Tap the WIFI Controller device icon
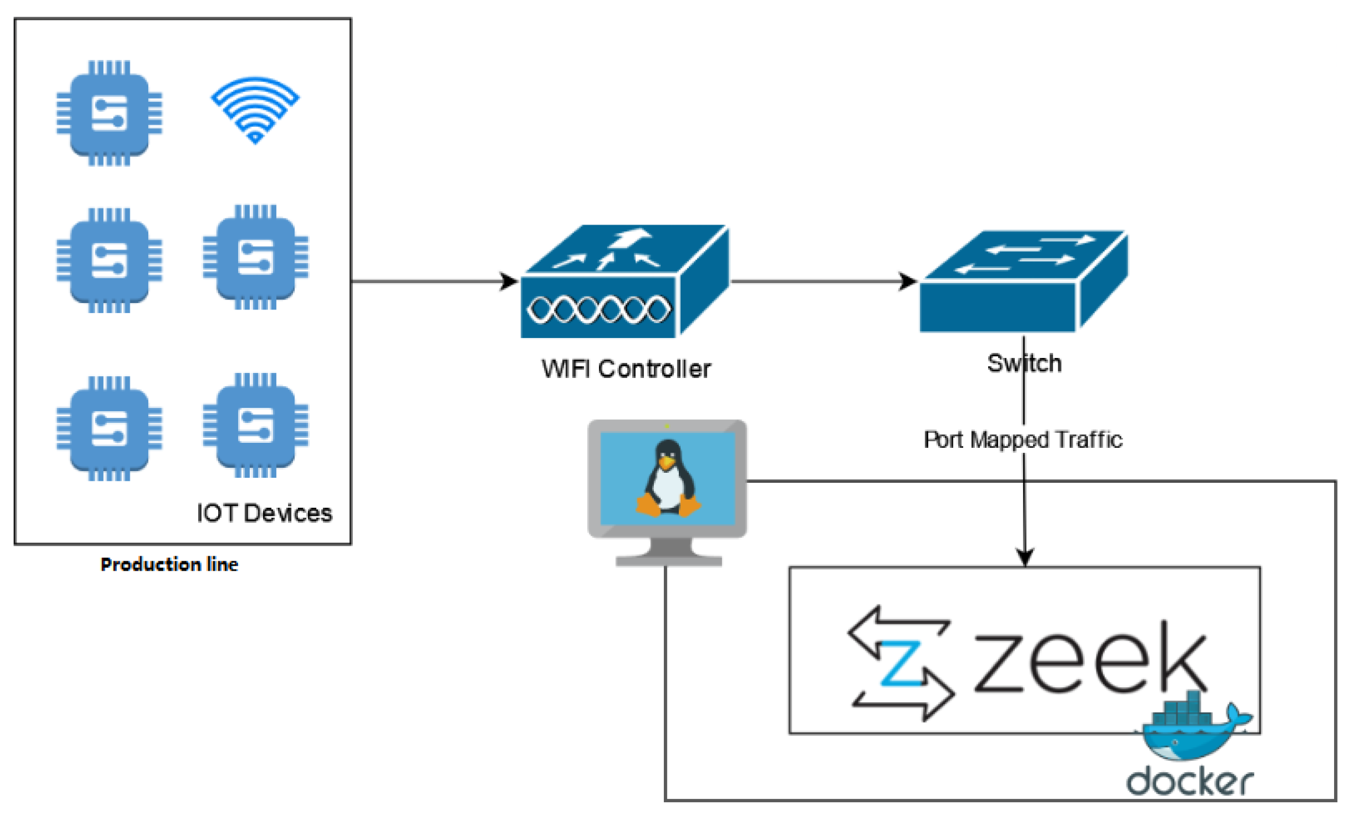pyautogui.click(x=625, y=281)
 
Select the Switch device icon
pyautogui.click(x=1024, y=281)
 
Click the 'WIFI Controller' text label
pyautogui.click(x=626, y=369)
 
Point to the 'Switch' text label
pyautogui.click(x=1024, y=363)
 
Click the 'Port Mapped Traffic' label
pyautogui.click(x=1023, y=440)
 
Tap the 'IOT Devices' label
pyautogui.click(x=264, y=513)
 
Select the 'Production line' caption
pyautogui.click(x=170, y=564)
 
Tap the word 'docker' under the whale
pyautogui.click(x=1189, y=782)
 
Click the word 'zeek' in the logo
pyautogui.click(x=1090, y=658)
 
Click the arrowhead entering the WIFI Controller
pyautogui.click(x=509, y=281)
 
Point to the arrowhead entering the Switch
pyautogui.click(x=908, y=281)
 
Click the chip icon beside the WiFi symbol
pyautogui.click(x=109, y=113)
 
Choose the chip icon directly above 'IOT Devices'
pyautogui.click(x=256, y=425)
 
